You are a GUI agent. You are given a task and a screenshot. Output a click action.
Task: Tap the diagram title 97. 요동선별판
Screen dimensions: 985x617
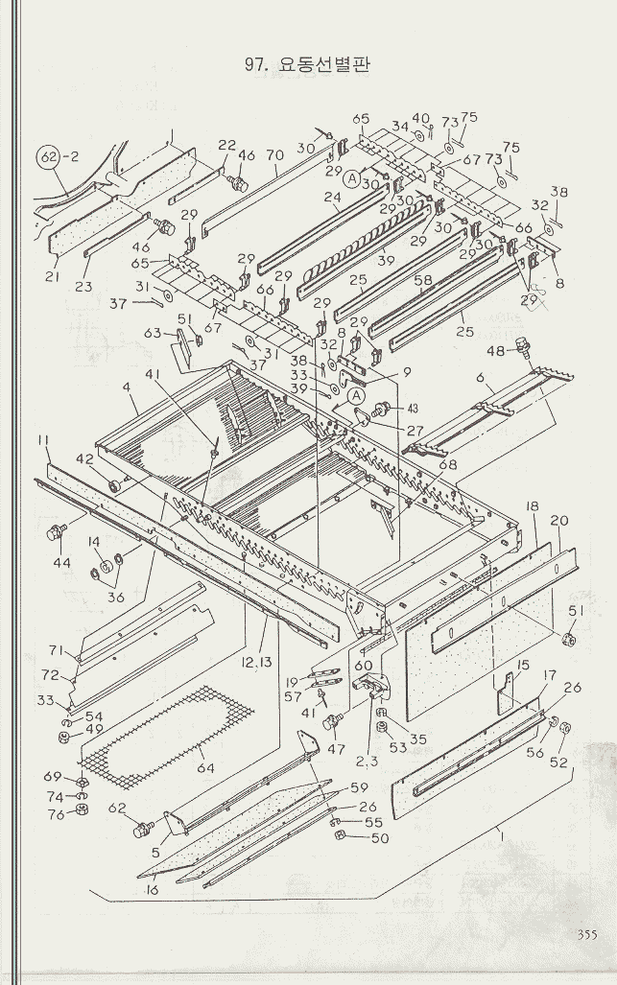tap(308, 64)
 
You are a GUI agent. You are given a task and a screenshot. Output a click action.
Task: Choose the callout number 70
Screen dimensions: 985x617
tap(273, 154)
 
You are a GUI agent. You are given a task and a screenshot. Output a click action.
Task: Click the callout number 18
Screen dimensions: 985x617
tap(532, 505)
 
